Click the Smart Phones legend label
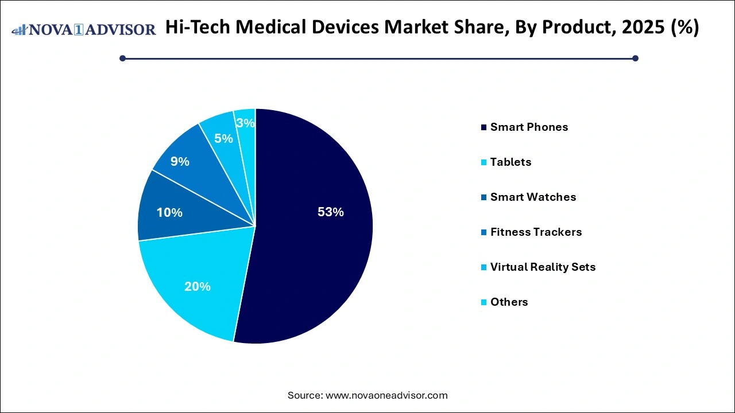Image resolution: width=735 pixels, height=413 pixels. (529, 127)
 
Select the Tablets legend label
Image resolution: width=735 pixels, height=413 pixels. (510, 162)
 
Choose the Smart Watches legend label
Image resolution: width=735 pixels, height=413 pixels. (533, 197)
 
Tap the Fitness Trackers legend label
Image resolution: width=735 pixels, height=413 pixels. (536, 232)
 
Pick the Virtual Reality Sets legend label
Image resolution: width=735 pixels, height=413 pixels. (543, 267)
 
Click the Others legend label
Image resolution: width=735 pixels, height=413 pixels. (509, 302)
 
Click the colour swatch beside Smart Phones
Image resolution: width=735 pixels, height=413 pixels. (485, 127)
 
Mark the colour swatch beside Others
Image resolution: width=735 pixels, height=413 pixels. (485, 302)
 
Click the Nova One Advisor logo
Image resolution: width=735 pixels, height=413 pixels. (84, 29)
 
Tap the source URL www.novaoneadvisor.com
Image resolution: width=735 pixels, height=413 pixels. (386, 395)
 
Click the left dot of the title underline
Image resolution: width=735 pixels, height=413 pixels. (122, 58)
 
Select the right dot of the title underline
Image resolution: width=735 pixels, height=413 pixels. (635, 58)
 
